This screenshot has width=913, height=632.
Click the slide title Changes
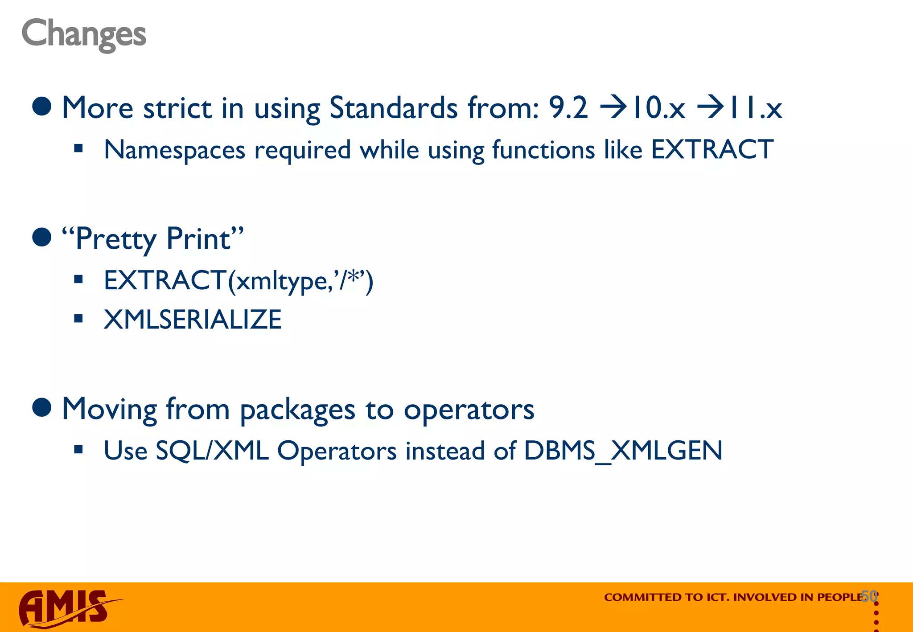coord(84,34)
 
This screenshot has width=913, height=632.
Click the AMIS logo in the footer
coord(67,608)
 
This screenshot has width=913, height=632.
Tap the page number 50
coord(869,596)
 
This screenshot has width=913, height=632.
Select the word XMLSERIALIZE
coord(193,320)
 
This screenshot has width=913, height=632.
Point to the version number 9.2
coord(568,108)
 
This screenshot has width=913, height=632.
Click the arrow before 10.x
coord(615,108)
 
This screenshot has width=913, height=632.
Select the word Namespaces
coord(174,150)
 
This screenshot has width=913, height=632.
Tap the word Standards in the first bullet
coord(393,108)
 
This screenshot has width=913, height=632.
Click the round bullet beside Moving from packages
coord(42,407)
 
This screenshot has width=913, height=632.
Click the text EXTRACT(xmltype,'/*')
coord(239,281)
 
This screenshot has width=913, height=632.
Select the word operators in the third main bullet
coord(469,409)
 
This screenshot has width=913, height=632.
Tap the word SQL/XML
coord(212,451)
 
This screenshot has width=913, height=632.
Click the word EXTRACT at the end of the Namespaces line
coord(712,149)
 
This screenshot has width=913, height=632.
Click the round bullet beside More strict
coord(42,107)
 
